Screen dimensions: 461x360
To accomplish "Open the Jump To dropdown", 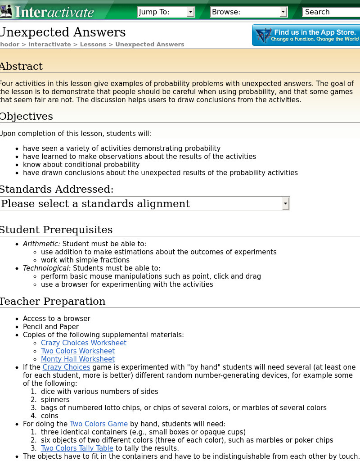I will click(166, 12).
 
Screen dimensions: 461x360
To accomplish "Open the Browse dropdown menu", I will click(249, 12).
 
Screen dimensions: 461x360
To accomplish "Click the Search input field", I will click(331, 12).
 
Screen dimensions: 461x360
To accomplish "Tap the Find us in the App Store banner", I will click(306, 36).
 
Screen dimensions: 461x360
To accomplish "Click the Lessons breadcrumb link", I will click(93, 45).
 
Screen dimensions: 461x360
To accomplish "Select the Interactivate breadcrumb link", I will click(49, 45).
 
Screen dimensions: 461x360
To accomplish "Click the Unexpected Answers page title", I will click(63, 32).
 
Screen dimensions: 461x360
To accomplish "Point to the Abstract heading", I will click(21, 67).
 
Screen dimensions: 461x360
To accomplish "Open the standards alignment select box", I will click(144, 203).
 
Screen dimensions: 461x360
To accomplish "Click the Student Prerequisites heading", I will click(56, 230).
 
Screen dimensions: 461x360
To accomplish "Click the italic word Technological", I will click(47, 268).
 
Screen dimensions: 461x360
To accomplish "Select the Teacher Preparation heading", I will click(52, 302).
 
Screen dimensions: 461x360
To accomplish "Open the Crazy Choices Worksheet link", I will click(84, 343).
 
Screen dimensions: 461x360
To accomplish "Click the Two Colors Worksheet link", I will click(78, 351).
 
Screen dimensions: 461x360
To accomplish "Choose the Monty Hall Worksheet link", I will click(78, 359).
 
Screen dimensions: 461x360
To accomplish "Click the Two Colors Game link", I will click(99, 424).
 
